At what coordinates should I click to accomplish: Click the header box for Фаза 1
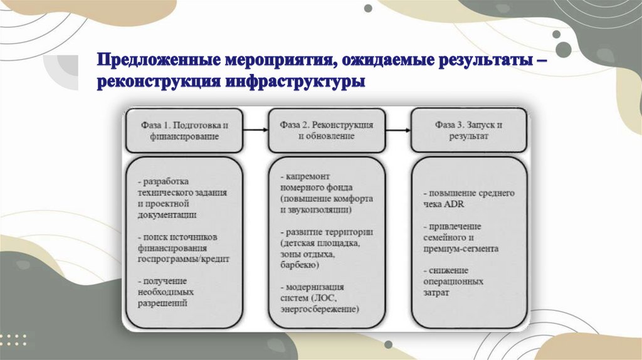184,130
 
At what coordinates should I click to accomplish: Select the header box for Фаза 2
326,130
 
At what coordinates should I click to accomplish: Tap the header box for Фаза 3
469,130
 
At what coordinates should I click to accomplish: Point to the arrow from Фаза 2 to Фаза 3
397,130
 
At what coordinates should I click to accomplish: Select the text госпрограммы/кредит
184,258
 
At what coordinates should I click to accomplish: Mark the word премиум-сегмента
461,248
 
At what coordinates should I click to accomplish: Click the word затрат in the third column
436,293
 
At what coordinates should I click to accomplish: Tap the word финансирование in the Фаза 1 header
184,136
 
